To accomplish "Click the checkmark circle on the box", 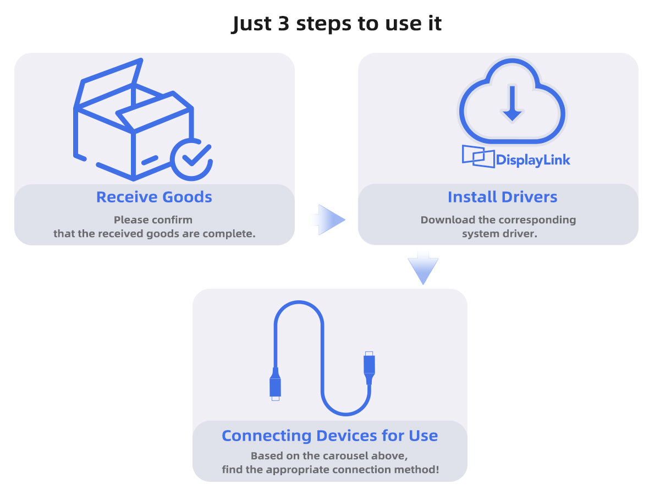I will coord(191,159).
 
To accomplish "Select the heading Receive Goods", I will coord(154,197).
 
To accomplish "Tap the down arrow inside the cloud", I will coord(512,104).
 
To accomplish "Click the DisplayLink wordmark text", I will coord(533,160).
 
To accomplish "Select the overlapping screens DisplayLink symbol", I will coord(478,156).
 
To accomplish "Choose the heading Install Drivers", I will coord(502,197).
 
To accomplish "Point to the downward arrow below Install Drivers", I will coord(423,269).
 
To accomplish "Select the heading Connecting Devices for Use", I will coord(329,436).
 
